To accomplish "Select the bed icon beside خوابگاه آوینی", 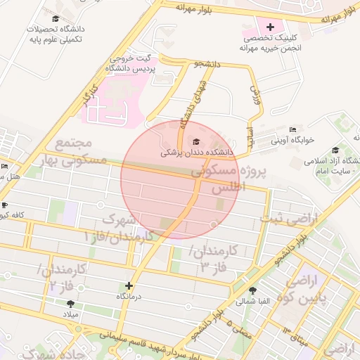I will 292,130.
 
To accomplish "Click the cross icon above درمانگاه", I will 128,286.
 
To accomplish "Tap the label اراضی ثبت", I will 288,219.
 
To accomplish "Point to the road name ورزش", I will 255,92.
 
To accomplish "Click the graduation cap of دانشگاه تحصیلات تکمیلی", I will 56,19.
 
